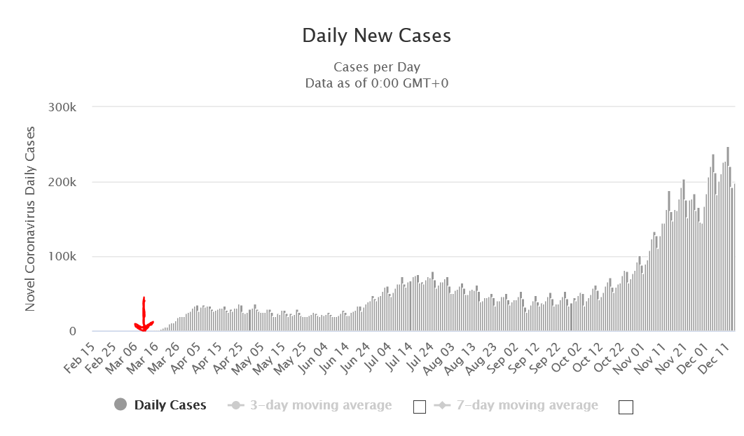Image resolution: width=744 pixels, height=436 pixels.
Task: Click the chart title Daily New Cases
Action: point(376,36)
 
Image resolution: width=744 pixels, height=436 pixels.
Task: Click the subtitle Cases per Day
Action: point(376,67)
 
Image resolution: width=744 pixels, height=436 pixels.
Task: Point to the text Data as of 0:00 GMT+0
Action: point(376,83)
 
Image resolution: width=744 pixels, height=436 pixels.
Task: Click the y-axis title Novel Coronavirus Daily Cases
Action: point(30,219)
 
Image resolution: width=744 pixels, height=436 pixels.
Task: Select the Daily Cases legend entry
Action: point(170,405)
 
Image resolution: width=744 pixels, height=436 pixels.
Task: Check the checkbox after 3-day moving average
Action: point(420,407)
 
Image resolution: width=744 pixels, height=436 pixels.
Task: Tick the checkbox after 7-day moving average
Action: point(626,407)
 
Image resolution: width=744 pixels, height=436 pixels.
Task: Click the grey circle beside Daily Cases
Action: point(120,405)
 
